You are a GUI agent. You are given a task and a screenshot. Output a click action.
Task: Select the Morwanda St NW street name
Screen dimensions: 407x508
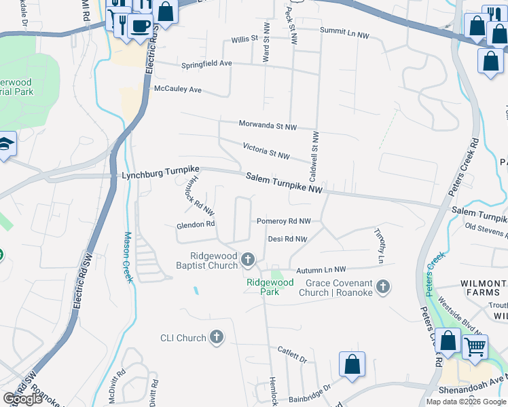[x=268, y=125]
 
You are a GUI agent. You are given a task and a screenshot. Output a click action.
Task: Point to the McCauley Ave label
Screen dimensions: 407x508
[x=178, y=90]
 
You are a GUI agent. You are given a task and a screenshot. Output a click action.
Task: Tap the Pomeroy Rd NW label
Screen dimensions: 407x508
[x=283, y=221]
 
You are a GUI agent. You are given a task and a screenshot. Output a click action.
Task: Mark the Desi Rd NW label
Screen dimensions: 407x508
[x=287, y=239]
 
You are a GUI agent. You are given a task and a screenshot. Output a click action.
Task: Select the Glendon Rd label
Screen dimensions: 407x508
[x=196, y=224]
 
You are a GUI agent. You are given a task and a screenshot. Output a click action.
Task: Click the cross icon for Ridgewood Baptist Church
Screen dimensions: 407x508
[x=249, y=259]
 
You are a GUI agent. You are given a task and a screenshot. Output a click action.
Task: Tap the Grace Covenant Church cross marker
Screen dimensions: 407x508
[x=383, y=287]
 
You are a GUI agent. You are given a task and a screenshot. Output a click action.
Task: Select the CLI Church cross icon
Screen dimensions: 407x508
[x=217, y=337]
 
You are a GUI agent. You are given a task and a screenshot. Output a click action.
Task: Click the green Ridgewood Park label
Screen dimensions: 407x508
[x=270, y=287]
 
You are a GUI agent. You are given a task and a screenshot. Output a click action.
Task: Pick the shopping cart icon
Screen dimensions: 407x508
[x=475, y=346]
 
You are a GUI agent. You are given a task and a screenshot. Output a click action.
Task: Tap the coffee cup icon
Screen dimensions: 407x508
[x=140, y=26]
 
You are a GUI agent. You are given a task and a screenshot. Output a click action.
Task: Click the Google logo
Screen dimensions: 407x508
[x=22, y=399]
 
